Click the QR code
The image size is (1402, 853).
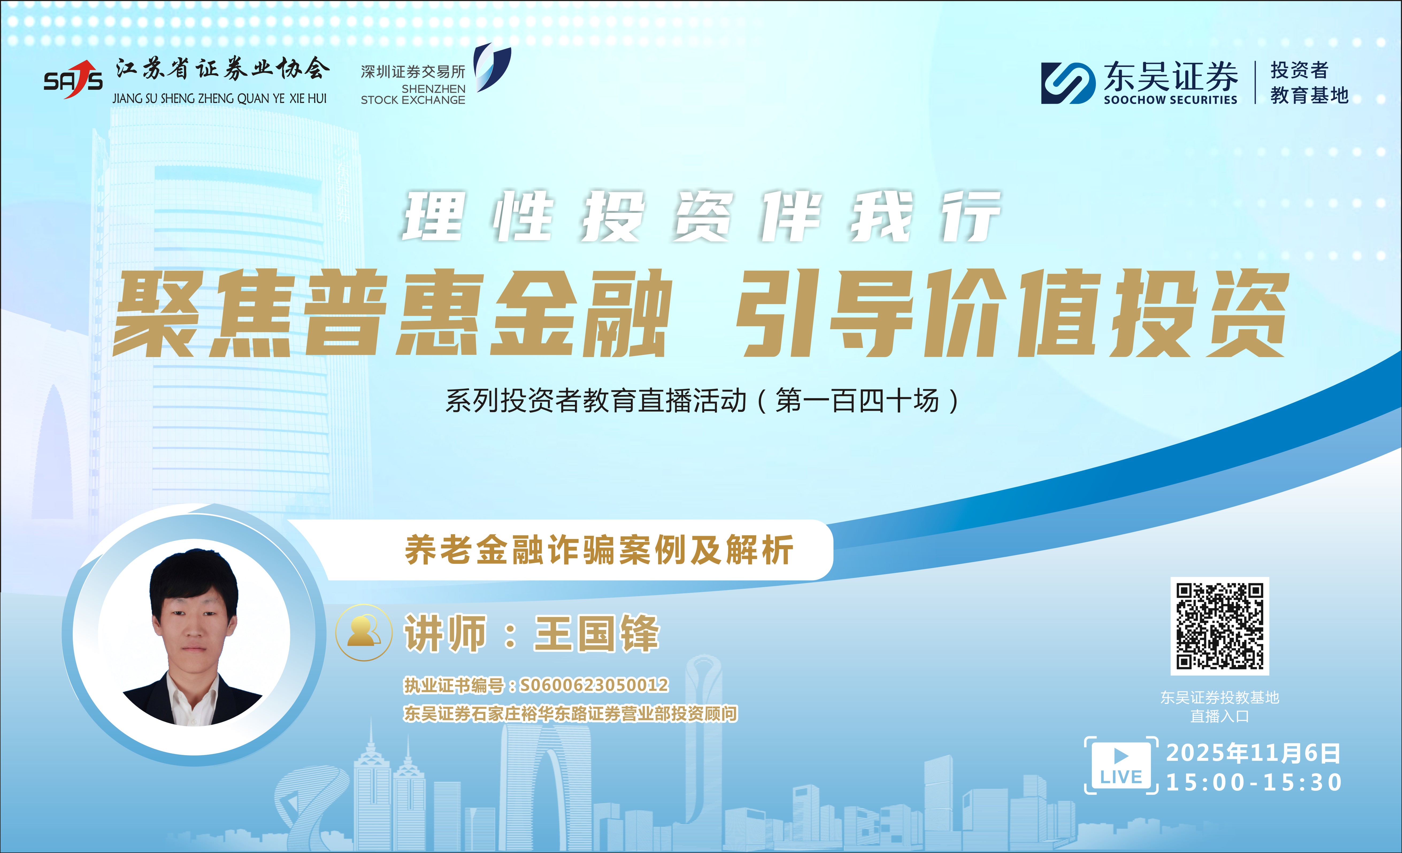[x=1219, y=626]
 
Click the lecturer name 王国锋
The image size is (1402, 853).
[x=596, y=634]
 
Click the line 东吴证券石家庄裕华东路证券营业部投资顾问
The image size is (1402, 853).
[x=570, y=714]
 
